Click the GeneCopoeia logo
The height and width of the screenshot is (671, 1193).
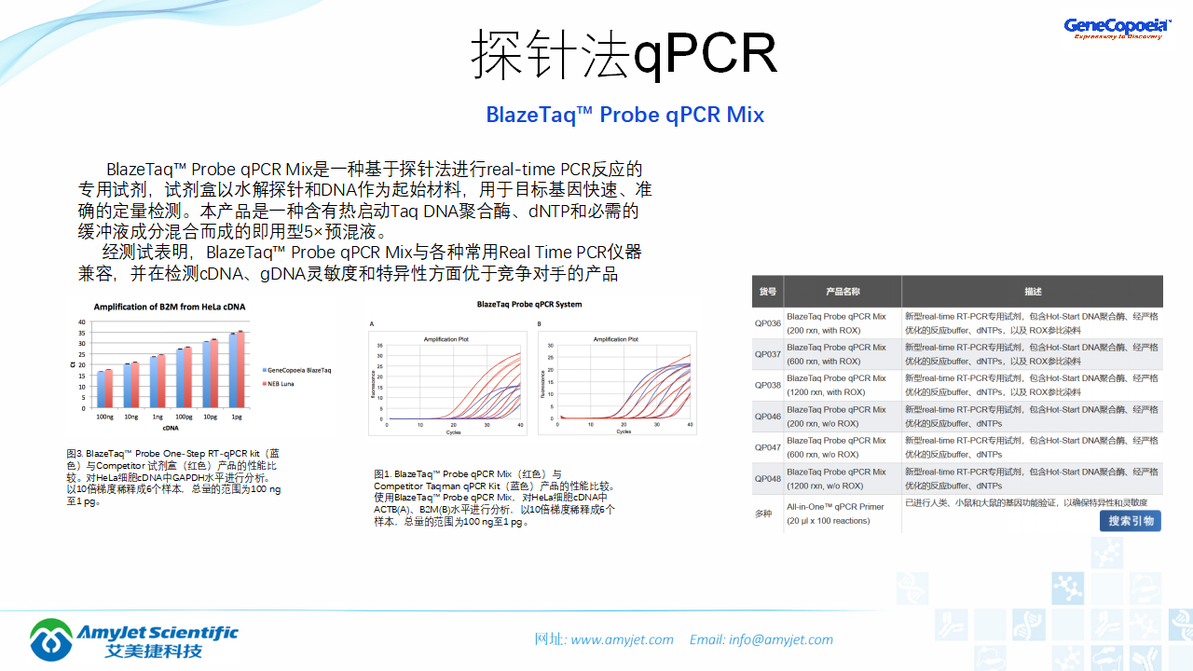point(1117,28)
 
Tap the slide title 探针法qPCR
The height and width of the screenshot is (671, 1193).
point(624,54)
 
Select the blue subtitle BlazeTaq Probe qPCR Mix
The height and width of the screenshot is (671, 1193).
point(624,115)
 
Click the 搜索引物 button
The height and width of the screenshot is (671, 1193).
point(1131,521)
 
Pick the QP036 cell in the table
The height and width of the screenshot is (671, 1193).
point(768,323)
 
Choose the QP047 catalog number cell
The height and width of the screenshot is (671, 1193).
point(768,447)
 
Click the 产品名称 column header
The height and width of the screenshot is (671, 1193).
point(843,292)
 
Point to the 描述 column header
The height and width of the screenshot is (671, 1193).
point(1033,292)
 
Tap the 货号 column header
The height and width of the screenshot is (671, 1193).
point(768,292)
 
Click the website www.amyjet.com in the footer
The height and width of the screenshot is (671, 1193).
point(622,639)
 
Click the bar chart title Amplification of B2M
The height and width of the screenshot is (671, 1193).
point(170,307)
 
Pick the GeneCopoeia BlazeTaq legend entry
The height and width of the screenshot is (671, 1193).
point(297,370)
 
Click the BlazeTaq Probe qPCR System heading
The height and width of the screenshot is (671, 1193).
point(528,305)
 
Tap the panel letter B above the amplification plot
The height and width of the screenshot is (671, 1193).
point(540,323)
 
